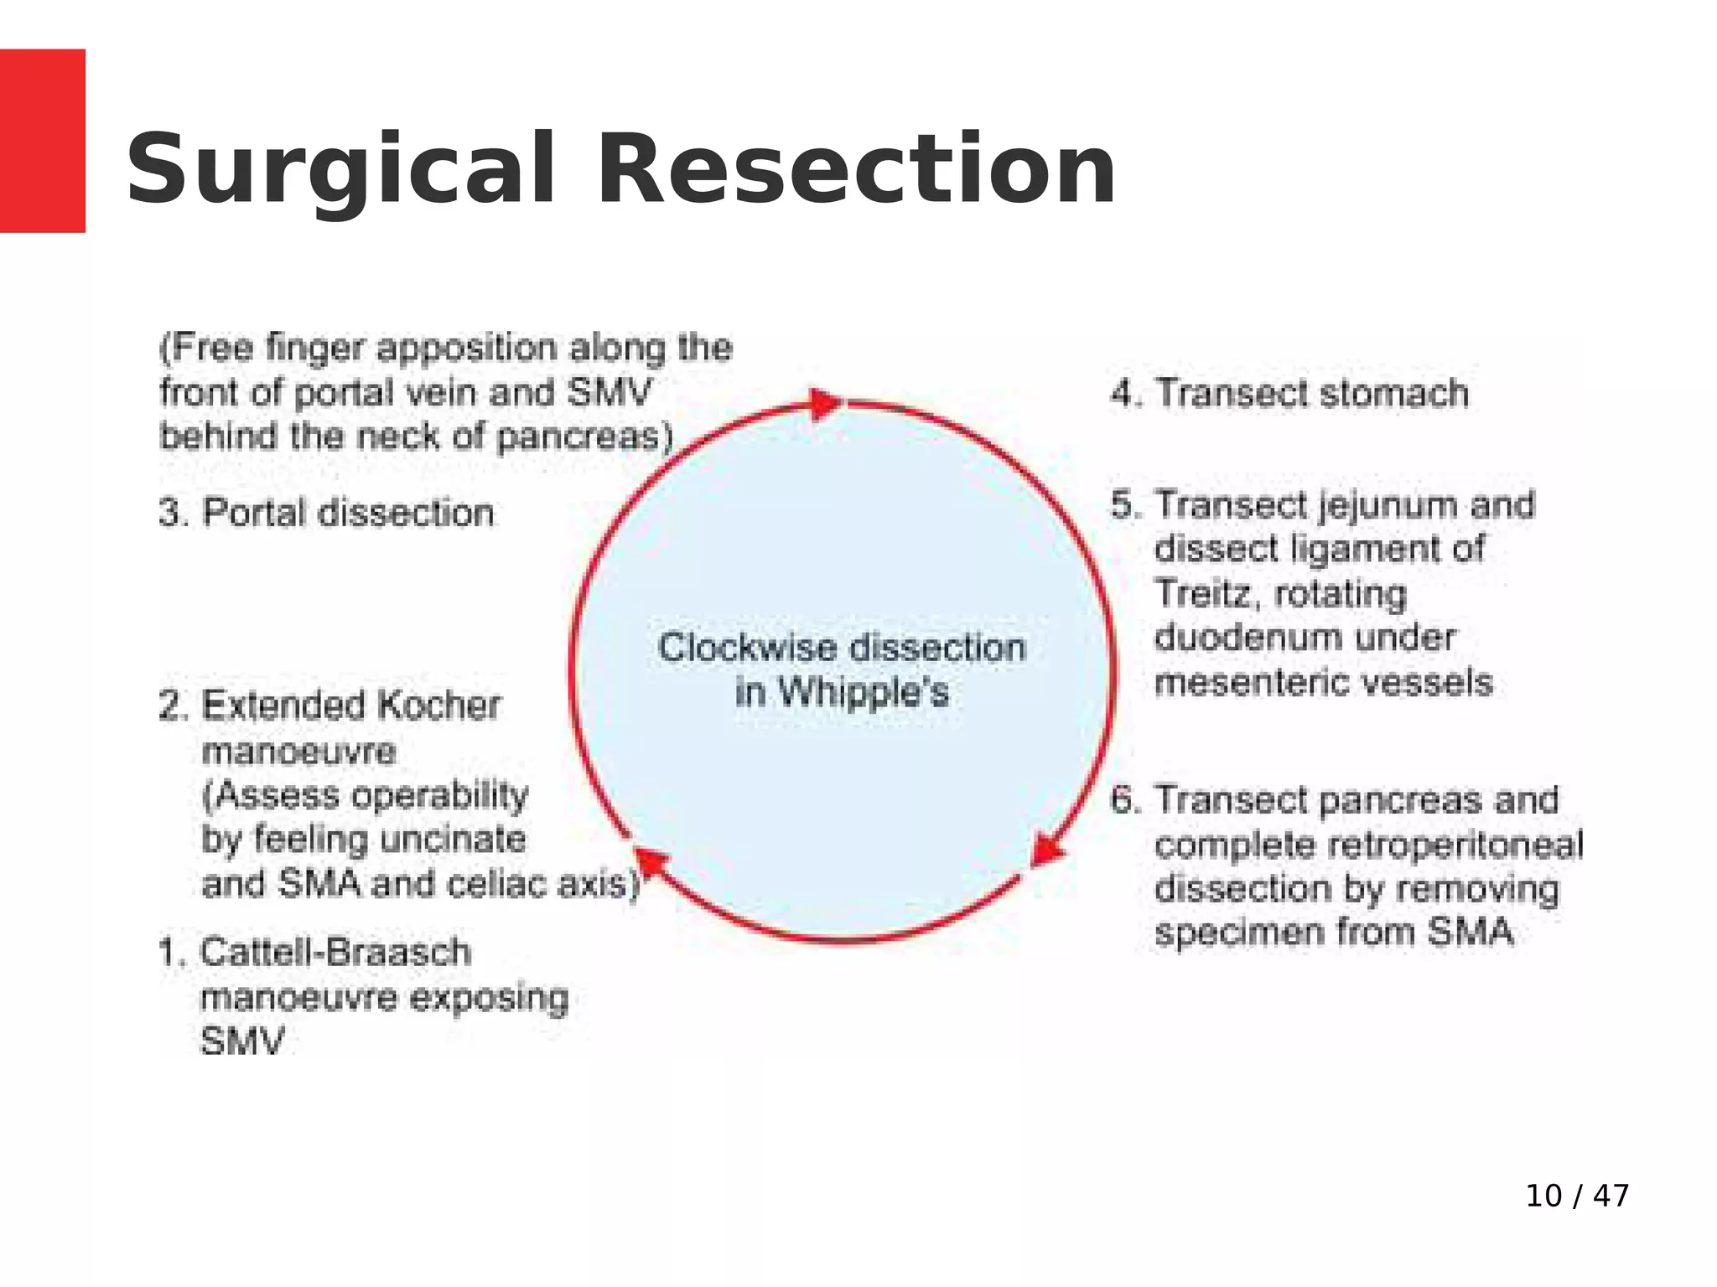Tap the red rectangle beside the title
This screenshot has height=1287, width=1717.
tap(42, 141)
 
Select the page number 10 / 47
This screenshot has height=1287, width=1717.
tap(1577, 1196)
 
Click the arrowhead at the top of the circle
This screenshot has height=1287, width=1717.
tap(825, 404)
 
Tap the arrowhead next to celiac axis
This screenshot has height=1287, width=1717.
tap(651, 864)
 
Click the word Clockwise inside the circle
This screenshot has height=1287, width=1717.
tap(747, 648)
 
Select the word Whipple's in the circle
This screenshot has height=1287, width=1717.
tap(863, 692)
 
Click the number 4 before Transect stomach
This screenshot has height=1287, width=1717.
tap(1123, 393)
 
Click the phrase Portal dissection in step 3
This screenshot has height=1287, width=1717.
tap(348, 513)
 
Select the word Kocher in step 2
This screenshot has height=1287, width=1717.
tap(437, 706)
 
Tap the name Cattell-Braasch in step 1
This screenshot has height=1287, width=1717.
tap(335, 953)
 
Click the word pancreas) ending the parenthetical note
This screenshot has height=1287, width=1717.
tap(584, 437)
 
